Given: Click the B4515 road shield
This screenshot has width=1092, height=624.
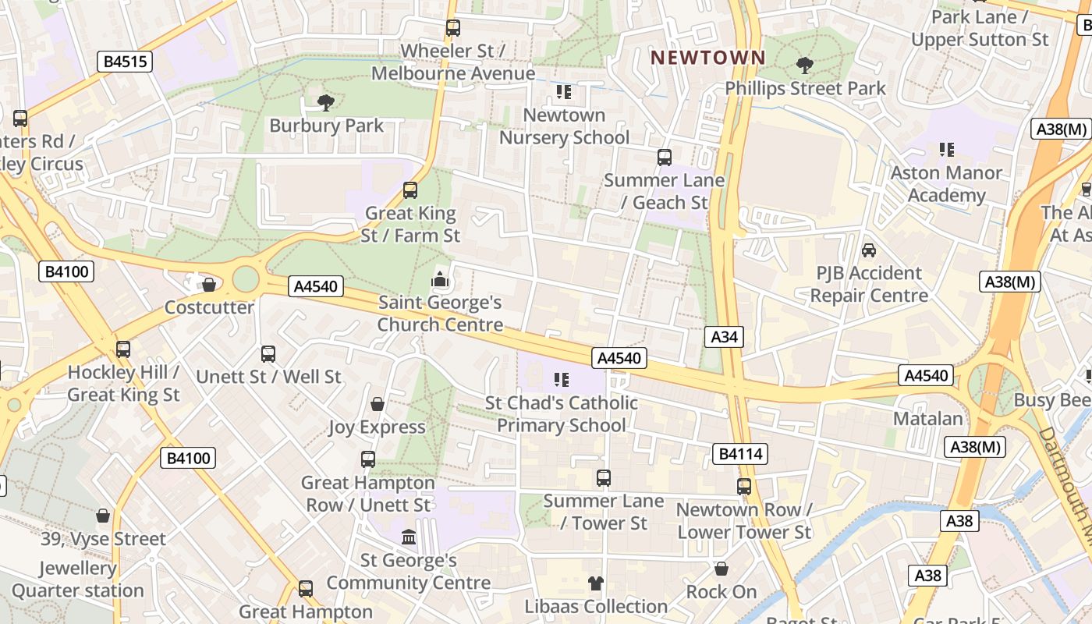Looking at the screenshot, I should tap(124, 62).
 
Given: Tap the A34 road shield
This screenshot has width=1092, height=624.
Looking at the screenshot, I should tap(724, 337).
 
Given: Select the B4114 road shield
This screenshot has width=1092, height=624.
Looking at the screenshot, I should tap(740, 454).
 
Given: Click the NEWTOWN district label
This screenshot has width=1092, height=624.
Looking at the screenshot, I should tap(708, 58).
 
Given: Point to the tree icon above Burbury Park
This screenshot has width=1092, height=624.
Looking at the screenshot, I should tap(325, 102).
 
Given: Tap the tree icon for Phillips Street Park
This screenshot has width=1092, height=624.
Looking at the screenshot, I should tap(804, 66).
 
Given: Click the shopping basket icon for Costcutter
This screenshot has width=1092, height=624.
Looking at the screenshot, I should tap(208, 285).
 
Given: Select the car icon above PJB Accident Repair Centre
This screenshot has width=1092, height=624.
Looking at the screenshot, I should tap(868, 250).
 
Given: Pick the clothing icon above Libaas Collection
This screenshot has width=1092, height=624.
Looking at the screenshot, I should tap(596, 583).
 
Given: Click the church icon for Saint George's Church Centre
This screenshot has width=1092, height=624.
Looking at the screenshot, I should tap(440, 279).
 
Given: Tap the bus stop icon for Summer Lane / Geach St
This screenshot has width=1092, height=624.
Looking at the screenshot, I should tap(664, 158).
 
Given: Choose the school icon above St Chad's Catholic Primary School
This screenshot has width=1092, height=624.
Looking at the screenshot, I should tap(562, 380).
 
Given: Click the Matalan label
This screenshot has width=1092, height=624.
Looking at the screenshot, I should tap(927, 419).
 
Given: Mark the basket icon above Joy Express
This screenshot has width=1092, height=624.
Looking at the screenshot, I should tap(378, 404).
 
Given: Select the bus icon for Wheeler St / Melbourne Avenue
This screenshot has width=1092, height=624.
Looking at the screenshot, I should tap(452, 28).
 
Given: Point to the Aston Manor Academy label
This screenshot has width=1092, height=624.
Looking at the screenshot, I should tap(946, 184).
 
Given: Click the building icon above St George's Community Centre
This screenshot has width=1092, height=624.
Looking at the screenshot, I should tap(408, 537).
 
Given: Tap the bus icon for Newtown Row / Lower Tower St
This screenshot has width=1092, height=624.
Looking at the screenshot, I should tap(743, 487).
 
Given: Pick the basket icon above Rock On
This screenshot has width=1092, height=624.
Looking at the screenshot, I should tap(721, 569).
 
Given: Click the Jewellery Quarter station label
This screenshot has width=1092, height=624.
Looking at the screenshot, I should tap(77, 580).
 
